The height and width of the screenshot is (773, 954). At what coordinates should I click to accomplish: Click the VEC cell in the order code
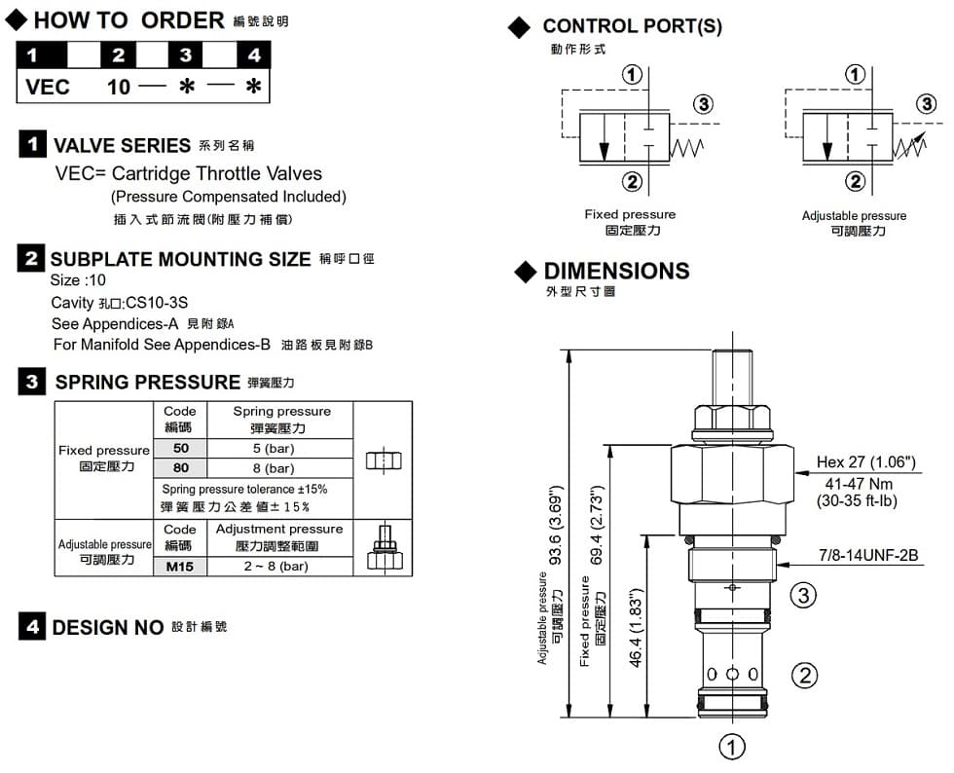click(x=48, y=87)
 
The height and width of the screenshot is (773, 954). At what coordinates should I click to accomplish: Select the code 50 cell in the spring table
click(x=181, y=449)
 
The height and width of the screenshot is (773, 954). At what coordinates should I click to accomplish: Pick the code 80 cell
click(x=181, y=468)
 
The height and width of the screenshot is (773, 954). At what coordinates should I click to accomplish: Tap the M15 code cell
click(x=180, y=567)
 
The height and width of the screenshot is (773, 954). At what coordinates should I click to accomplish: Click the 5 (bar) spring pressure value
click(x=274, y=449)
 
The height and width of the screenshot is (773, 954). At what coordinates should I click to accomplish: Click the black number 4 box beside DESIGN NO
click(x=33, y=627)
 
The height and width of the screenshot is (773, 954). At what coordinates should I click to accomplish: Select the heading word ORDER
click(x=182, y=20)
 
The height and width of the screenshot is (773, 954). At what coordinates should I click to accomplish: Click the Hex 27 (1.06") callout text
click(x=865, y=462)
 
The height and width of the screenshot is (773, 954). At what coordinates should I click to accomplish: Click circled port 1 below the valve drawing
click(x=731, y=747)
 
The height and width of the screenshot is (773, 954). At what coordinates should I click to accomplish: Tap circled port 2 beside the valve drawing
click(x=803, y=675)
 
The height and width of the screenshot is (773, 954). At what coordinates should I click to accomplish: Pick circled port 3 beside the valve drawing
click(x=803, y=595)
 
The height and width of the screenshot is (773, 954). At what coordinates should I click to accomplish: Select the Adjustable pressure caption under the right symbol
click(x=854, y=215)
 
